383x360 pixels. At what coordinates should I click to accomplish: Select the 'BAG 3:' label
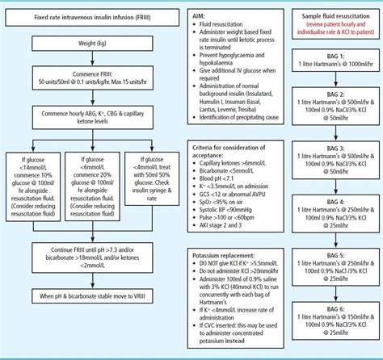tap(333, 150)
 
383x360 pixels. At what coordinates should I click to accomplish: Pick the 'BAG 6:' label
tap(333, 311)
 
